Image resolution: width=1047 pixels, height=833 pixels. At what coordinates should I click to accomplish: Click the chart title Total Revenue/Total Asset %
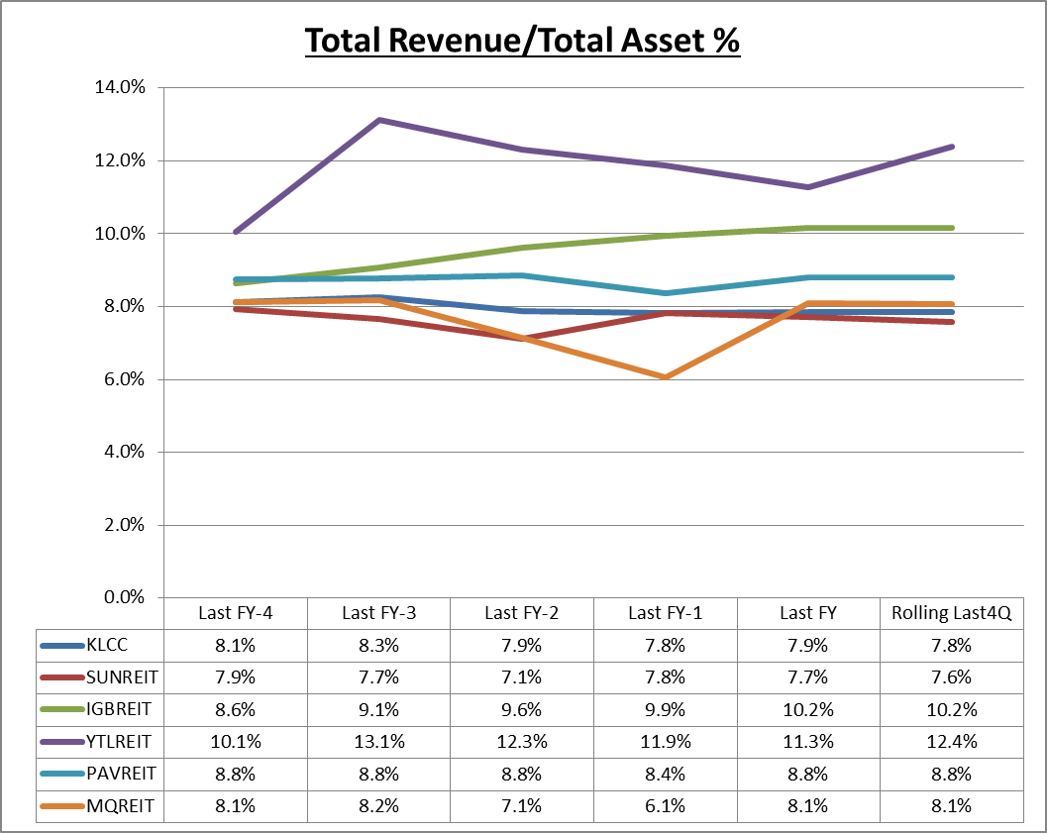tap(522, 42)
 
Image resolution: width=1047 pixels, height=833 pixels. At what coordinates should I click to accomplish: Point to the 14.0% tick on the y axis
tap(120, 87)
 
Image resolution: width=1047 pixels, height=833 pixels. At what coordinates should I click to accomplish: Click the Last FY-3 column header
tap(378, 613)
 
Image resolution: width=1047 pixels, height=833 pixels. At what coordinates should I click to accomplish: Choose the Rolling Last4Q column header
tap(952, 613)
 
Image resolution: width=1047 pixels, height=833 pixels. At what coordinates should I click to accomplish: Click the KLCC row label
tap(108, 646)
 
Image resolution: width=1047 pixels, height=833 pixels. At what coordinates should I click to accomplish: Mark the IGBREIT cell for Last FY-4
tap(235, 710)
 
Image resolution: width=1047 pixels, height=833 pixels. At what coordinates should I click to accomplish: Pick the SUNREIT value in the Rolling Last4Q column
tap(952, 677)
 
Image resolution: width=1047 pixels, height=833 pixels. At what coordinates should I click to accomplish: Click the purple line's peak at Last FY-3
tap(379, 120)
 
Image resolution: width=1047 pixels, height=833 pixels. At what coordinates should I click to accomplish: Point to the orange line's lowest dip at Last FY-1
tap(666, 376)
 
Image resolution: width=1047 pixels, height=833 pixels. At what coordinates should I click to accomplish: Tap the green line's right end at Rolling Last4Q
tap(952, 228)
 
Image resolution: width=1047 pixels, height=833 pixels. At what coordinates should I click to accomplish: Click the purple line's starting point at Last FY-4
tap(236, 232)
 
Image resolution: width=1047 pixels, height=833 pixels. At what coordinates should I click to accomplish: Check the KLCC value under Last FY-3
tap(378, 646)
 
